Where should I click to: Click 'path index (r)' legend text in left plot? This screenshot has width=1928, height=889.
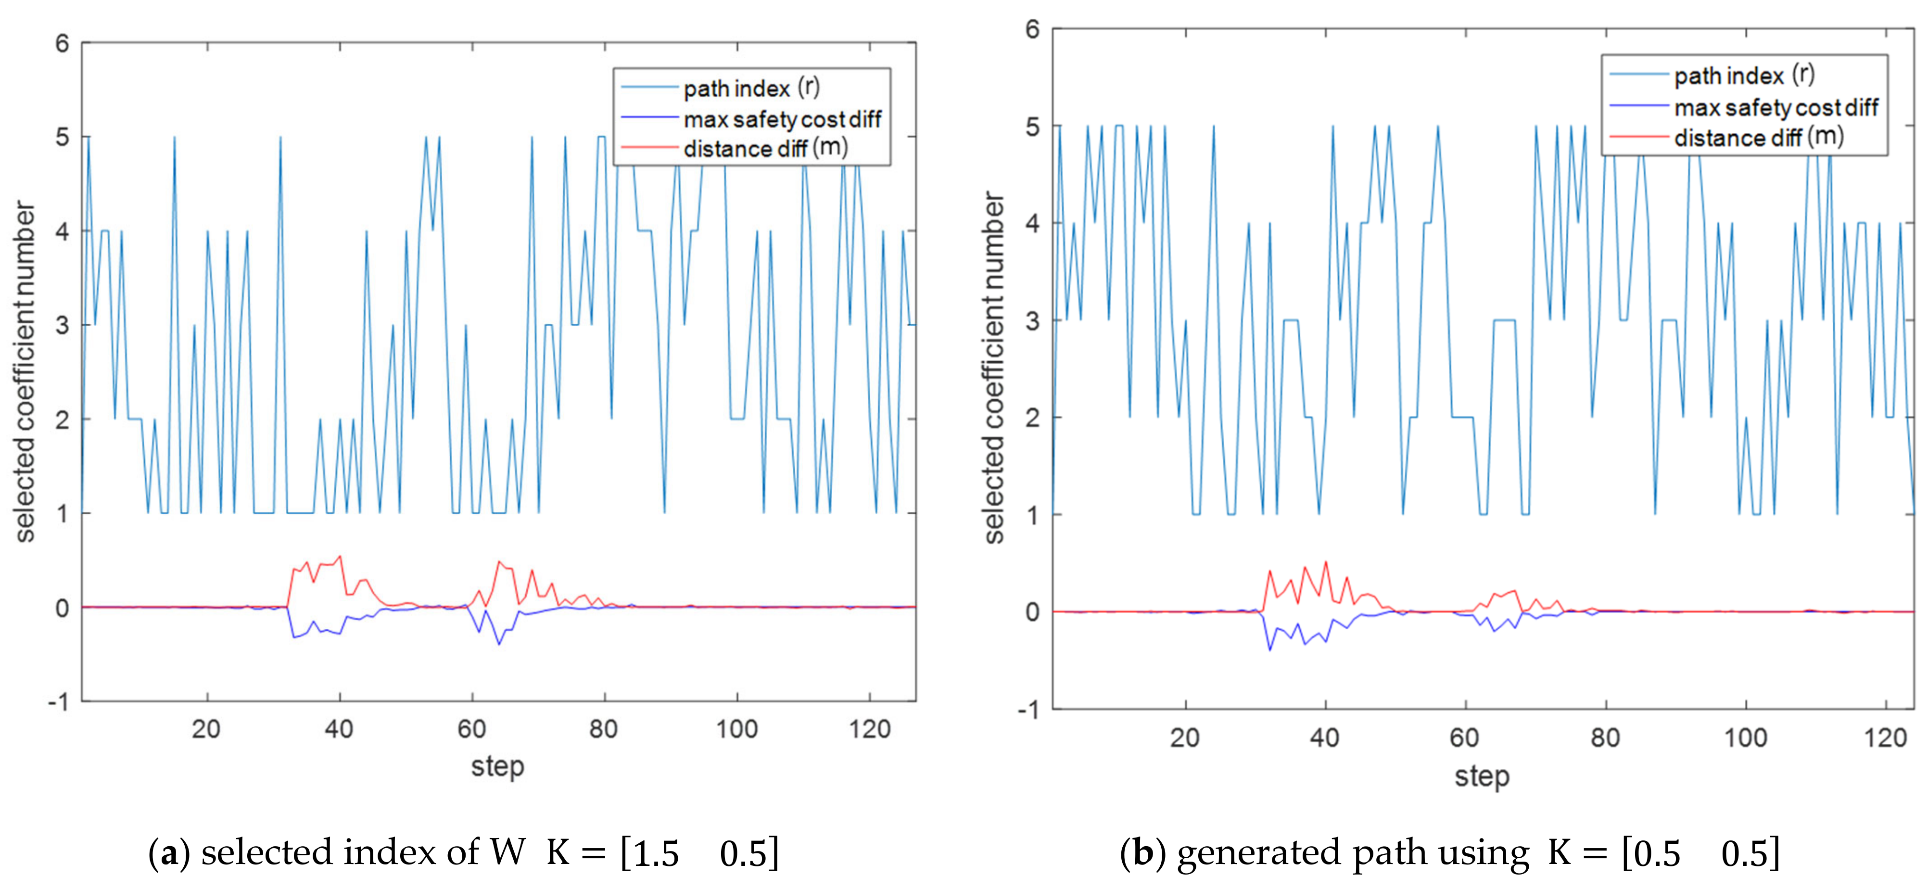coord(751,89)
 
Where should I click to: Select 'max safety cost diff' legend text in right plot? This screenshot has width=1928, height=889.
coord(1776,108)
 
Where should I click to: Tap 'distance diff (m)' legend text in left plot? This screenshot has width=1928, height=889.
coord(765,148)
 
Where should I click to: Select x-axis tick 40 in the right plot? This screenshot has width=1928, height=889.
coord(1324,738)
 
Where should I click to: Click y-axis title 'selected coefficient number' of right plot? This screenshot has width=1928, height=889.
coord(993,367)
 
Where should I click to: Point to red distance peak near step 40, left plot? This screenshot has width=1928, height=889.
coord(341,556)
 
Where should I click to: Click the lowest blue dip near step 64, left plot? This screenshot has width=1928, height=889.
coord(499,644)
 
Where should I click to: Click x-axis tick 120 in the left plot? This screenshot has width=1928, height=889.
coord(869,729)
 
